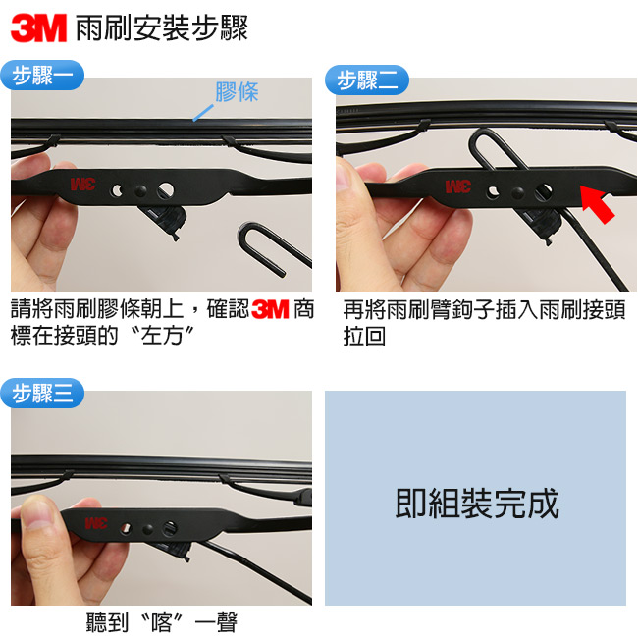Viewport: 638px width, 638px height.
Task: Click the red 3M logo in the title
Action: click(38, 28)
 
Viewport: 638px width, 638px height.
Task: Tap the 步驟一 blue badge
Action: click(42, 76)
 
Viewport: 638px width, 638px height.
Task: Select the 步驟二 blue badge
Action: click(367, 80)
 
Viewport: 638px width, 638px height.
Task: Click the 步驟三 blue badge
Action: click(42, 393)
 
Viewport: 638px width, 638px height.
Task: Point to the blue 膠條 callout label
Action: click(237, 92)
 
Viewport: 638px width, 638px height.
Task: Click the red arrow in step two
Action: click(597, 202)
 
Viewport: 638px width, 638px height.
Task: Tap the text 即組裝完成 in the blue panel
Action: click(476, 504)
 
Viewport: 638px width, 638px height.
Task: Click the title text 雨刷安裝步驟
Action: click(162, 28)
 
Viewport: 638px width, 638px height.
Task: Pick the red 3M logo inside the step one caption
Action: click(270, 310)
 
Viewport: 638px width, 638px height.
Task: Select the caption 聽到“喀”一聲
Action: click(162, 622)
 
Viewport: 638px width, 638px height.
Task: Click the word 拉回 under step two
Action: click(364, 336)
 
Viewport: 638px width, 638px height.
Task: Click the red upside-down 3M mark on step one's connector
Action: click(83, 184)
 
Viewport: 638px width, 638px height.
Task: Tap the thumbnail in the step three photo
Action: click(38, 514)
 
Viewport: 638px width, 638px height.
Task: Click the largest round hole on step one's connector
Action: click(166, 190)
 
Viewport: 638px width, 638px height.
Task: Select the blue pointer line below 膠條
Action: click(203, 113)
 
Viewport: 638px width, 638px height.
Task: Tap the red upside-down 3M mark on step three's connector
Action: click(96, 523)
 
